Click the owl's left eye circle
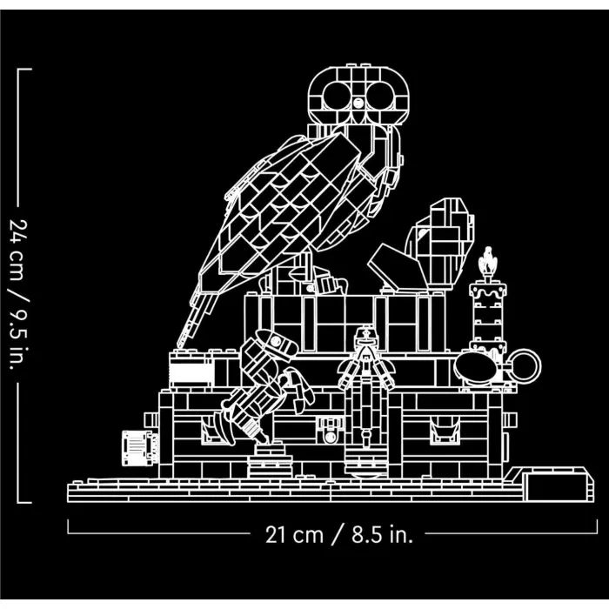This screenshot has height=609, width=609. [337, 96]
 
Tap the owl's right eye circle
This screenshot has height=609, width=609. [381, 96]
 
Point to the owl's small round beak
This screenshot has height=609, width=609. [358, 103]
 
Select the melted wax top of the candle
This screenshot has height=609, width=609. [488, 291]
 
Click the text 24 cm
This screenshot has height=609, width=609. [18, 250]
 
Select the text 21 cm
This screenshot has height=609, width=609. [294, 535]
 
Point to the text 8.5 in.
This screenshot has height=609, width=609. [382, 535]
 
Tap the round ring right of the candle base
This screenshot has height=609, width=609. [525, 365]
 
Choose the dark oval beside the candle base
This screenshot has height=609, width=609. [475, 367]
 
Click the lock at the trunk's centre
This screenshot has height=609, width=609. [330, 431]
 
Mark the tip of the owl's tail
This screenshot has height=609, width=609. [178, 345]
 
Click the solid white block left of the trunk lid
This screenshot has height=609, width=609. [192, 373]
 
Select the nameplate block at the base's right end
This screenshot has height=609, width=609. [559, 487]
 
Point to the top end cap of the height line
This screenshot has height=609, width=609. [25, 70]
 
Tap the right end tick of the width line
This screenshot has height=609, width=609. [598, 526]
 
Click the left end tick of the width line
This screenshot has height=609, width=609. [68, 526]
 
